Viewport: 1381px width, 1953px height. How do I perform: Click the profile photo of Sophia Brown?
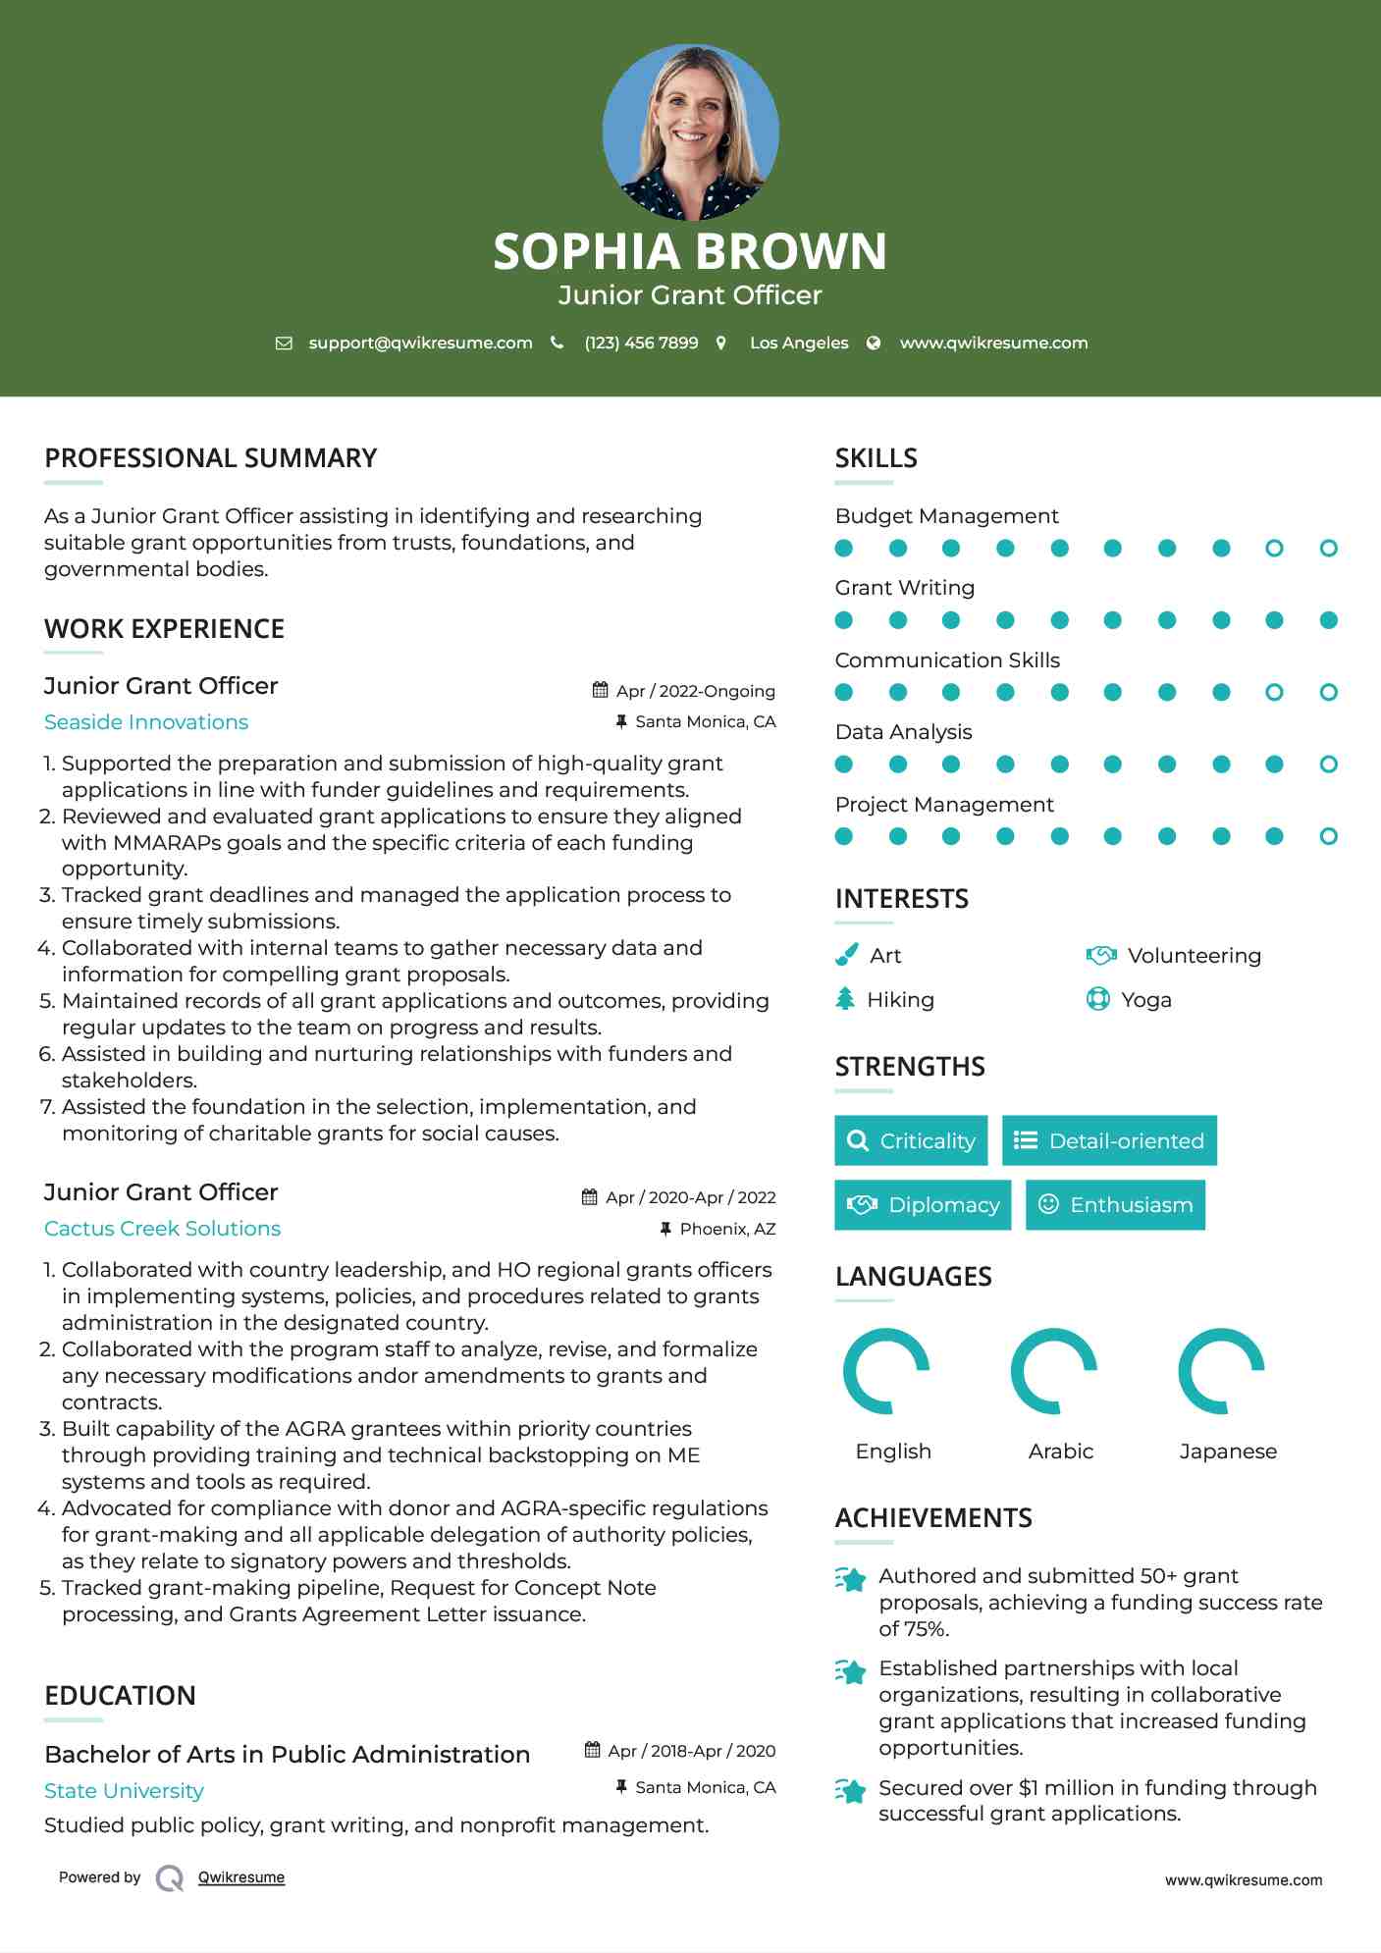click(x=690, y=132)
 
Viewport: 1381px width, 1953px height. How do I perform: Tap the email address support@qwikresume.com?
click(x=420, y=343)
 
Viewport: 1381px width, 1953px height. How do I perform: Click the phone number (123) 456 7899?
click(x=641, y=343)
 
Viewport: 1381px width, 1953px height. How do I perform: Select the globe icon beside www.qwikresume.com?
click(x=874, y=343)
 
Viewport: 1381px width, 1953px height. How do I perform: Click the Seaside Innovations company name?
click(x=146, y=722)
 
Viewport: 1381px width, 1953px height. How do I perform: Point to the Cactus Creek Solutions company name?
click(x=162, y=1229)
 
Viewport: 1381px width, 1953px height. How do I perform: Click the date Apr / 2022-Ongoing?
click(x=695, y=691)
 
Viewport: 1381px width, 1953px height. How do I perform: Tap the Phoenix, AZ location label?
click(x=727, y=1229)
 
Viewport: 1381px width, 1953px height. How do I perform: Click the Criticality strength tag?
click(x=911, y=1140)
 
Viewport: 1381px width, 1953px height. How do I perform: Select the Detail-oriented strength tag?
click(x=1109, y=1140)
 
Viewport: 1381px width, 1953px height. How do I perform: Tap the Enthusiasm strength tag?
click(x=1115, y=1205)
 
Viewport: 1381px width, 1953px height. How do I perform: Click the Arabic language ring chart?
click(x=1053, y=1371)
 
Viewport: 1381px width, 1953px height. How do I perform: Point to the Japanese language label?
click(x=1228, y=1452)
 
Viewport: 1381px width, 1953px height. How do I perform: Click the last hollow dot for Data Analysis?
click(x=1328, y=765)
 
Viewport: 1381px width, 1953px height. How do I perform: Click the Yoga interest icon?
click(x=1097, y=999)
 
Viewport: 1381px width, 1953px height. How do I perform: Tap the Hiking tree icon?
click(x=845, y=999)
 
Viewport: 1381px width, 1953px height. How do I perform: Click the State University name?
click(x=124, y=1791)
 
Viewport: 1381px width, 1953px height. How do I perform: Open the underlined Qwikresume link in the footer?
click(x=241, y=1877)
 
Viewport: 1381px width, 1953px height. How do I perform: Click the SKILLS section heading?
click(x=876, y=458)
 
